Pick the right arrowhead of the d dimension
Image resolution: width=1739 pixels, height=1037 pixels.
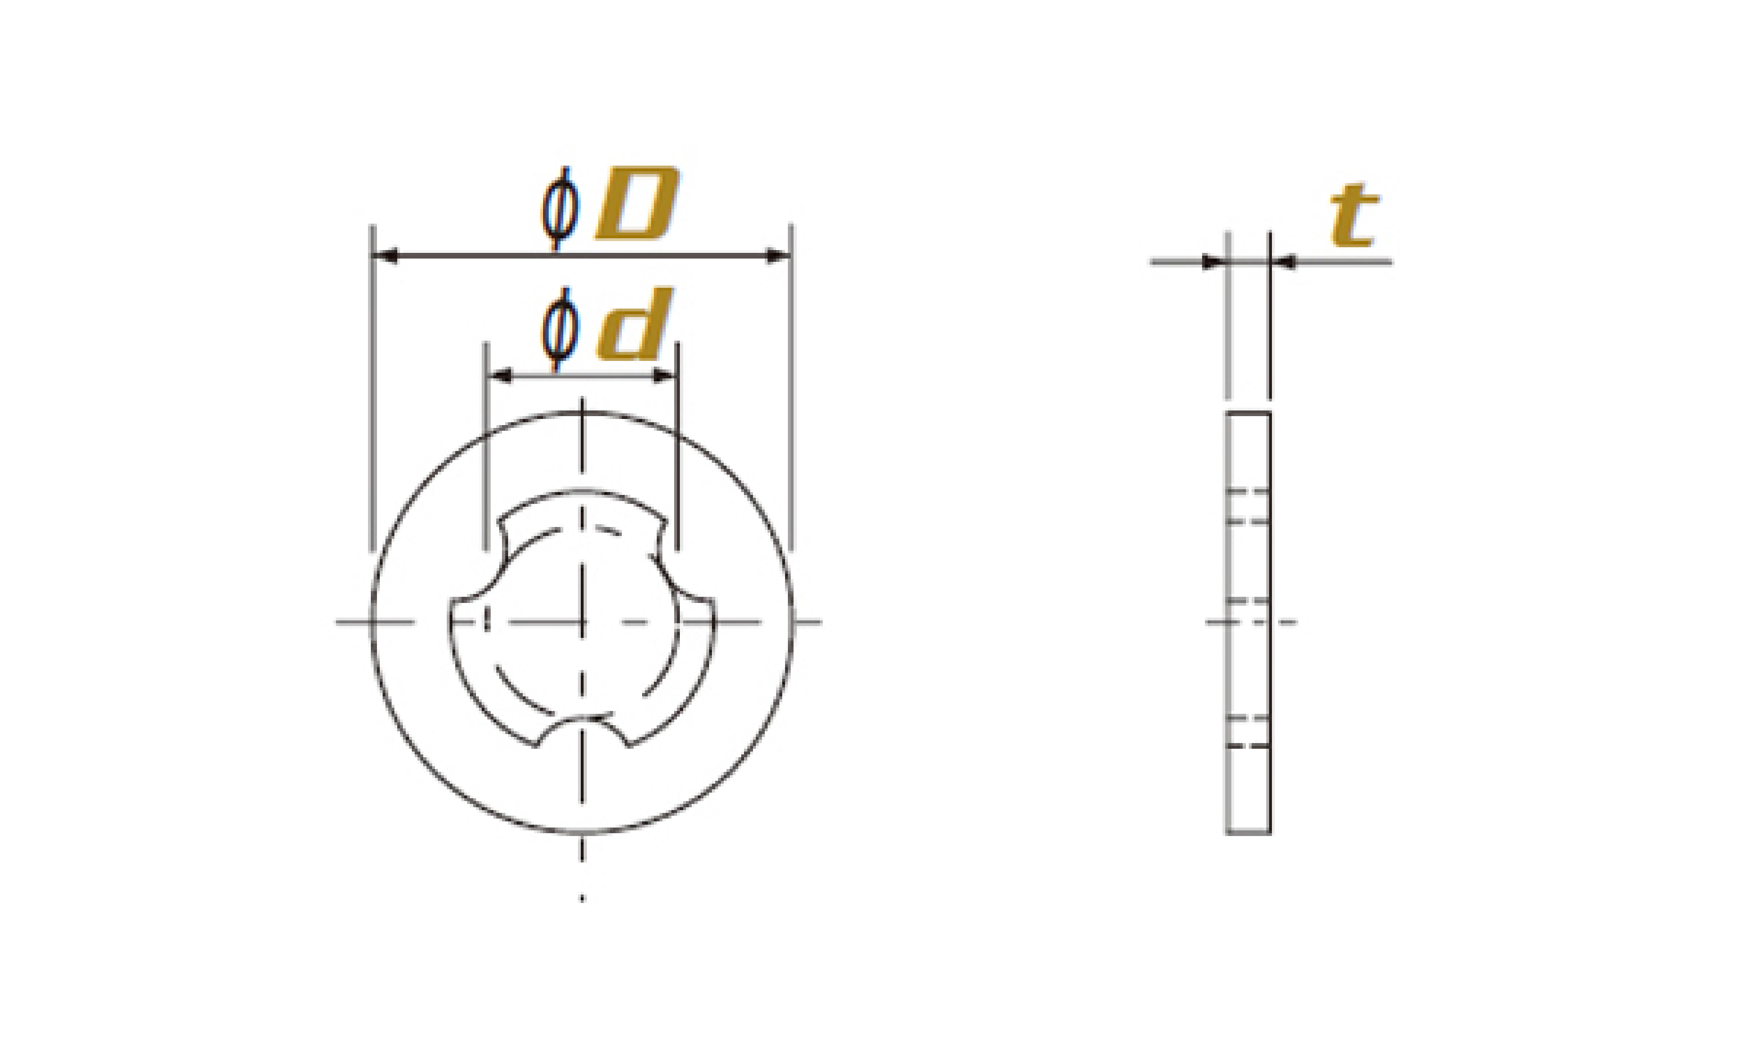[664, 376]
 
